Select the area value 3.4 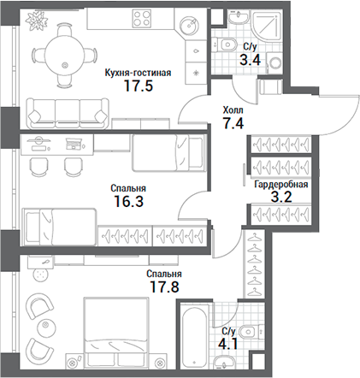(x=251, y=62)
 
